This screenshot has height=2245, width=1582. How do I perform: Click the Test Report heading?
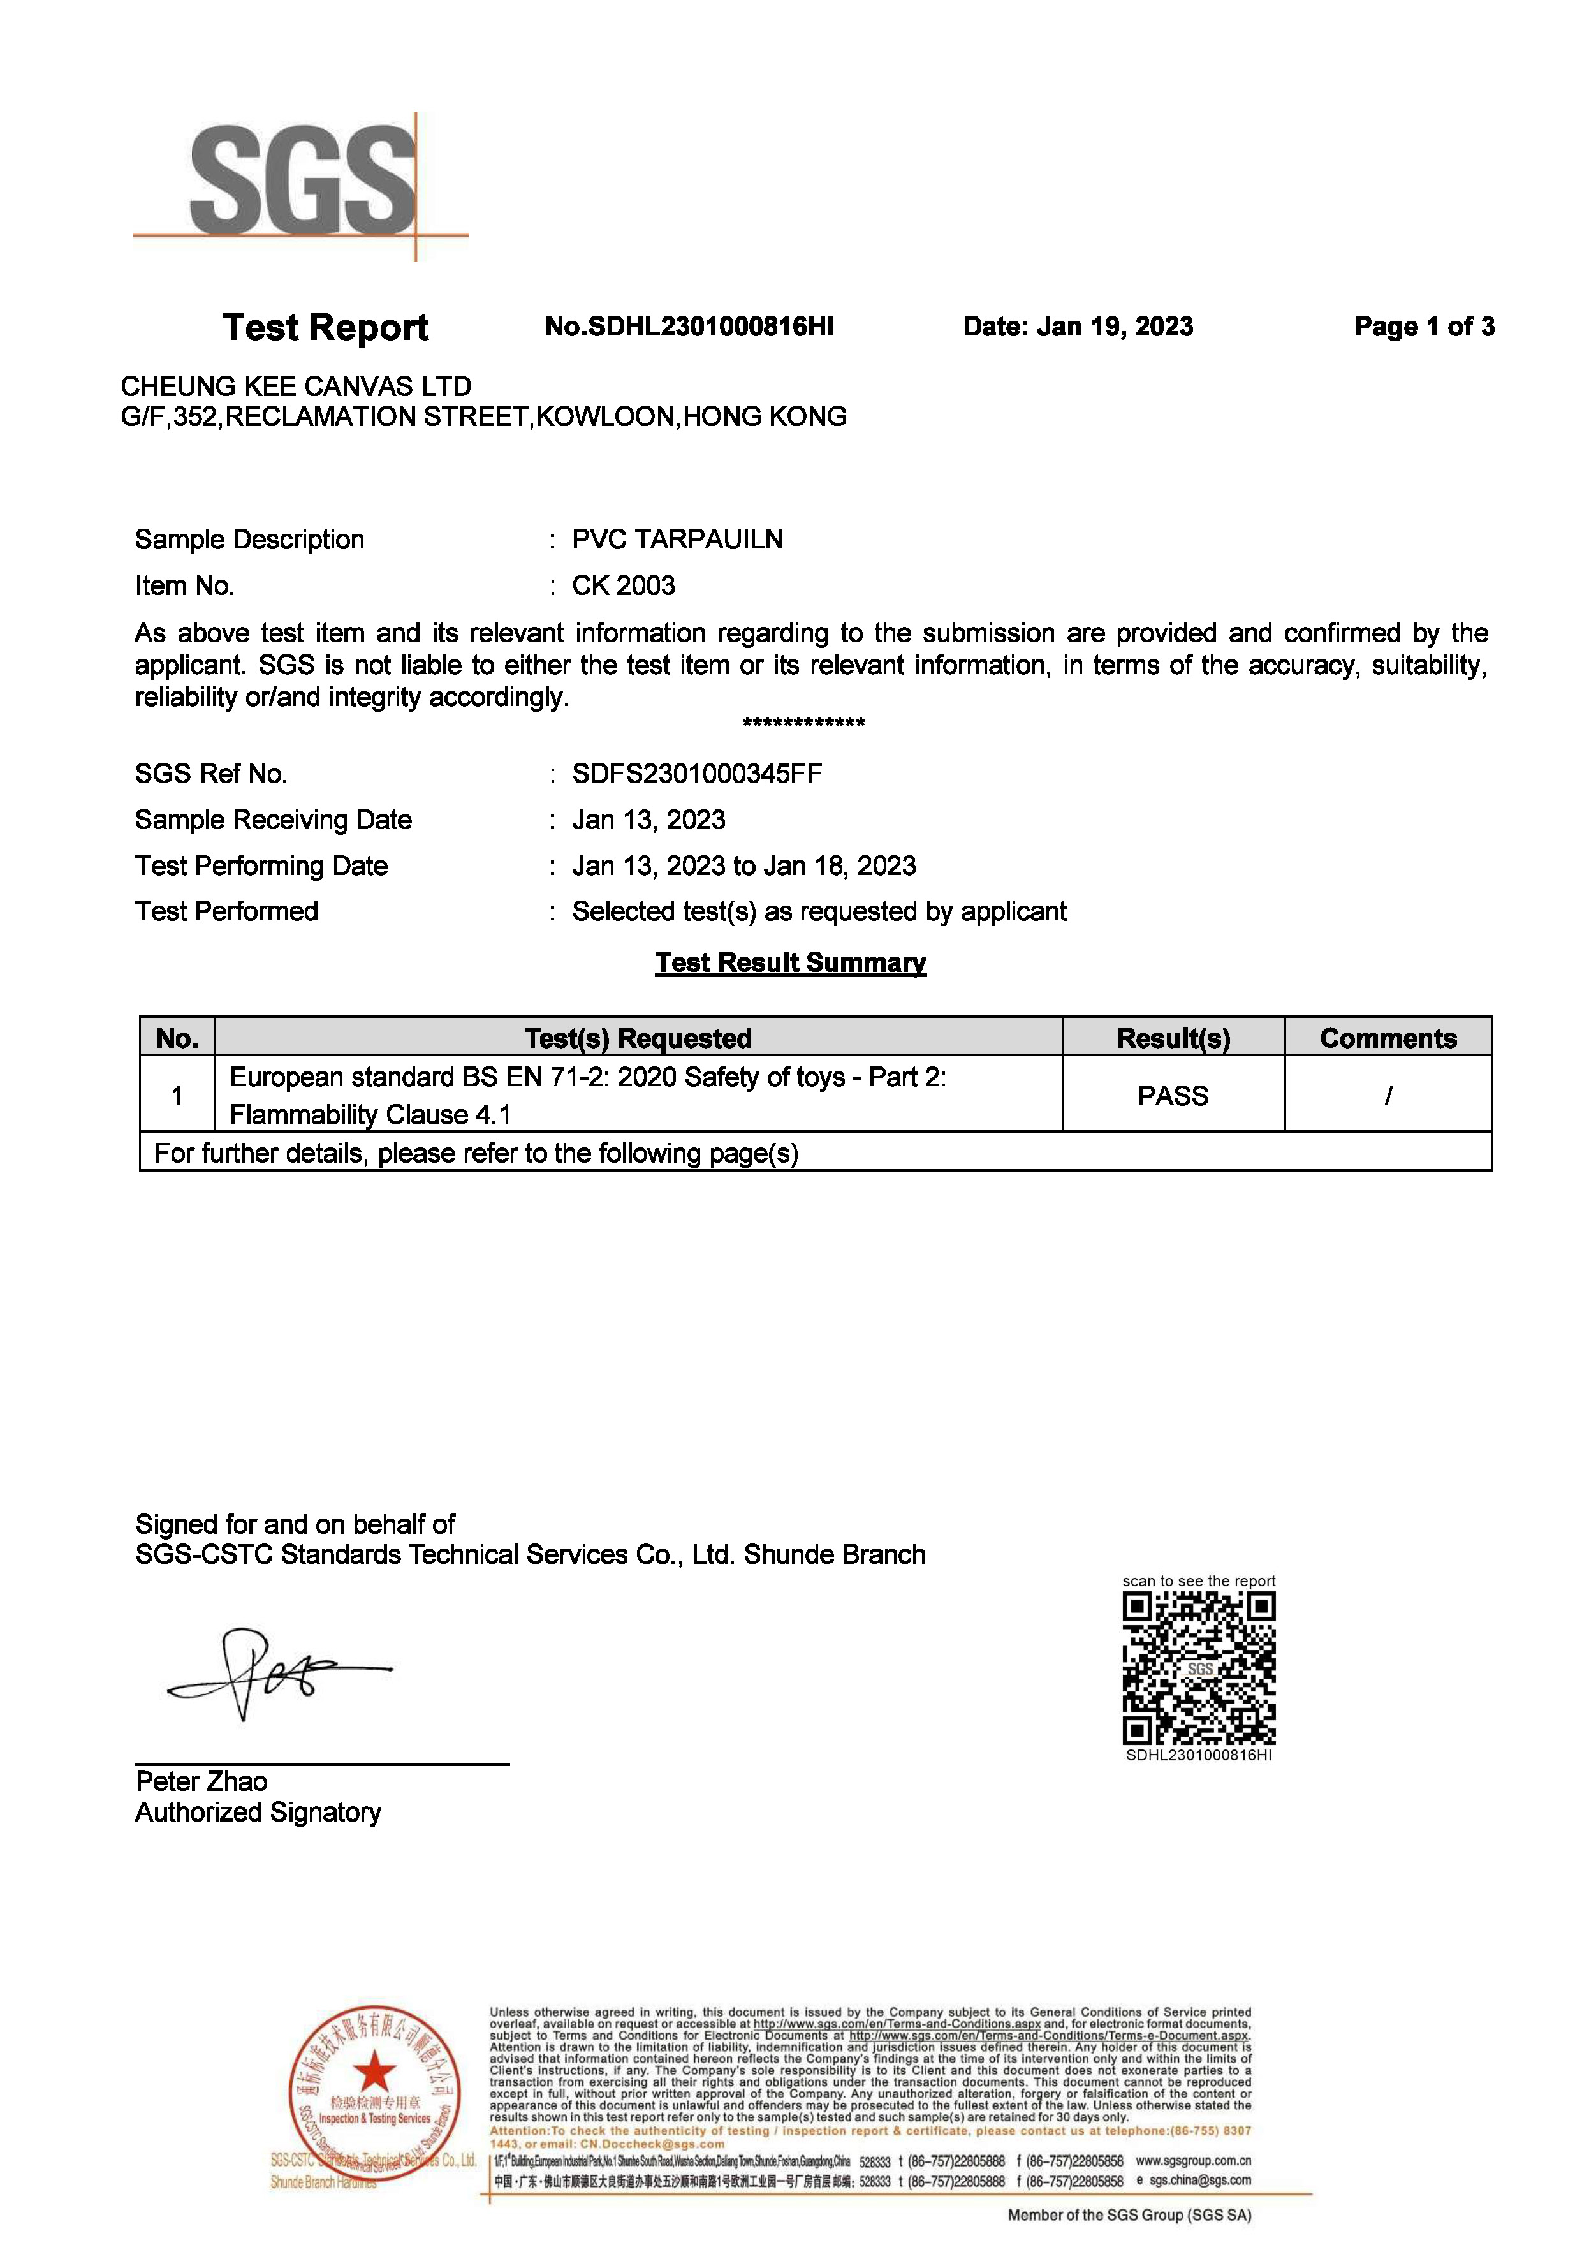click(326, 328)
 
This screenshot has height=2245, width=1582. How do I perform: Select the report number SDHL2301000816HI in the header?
click(689, 327)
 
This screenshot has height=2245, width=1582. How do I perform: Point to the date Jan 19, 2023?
click(1078, 327)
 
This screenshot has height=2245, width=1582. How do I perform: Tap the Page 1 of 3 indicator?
click(1424, 327)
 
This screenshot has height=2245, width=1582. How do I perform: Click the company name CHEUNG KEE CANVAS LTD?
click(295, 386)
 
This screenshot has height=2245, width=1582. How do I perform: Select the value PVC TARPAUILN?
click(678, 540)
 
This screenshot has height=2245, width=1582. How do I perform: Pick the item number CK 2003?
click(624, 585)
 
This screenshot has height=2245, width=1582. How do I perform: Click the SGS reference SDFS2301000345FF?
click(697, 774)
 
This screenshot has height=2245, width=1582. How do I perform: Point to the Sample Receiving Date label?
click(274, 820)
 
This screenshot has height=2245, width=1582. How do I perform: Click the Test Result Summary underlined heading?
click(790, 963)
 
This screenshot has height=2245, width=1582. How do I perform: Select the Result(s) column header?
click(1173, 1038)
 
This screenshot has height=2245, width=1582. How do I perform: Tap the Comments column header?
click(1388, 1038)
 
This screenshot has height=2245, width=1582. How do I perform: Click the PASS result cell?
click(1173, 1096)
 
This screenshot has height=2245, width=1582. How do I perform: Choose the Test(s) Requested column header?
click(638, 1038)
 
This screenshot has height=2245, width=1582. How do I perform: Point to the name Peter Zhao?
click(201, 1781)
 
